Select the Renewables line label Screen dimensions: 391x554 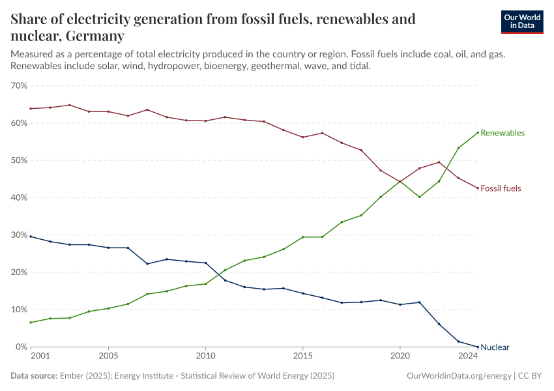pyautogui.click(x=502, y=133)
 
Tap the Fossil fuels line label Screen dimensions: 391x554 pyautogui.click(x=501, y=188)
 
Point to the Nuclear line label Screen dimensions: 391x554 pyautogui.click(x=495, y=347)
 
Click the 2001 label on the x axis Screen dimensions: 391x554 pyautogui.click(x=40, y=356)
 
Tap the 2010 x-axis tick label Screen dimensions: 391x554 pyautogui.click(x=205, y=356)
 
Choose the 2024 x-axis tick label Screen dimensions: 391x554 pyautogui.click(x=467, y=356)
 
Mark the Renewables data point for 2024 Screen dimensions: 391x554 pyautogui.click(x=478, y=132)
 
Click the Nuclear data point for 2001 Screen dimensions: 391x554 pyautogui.click(x=31, y=237)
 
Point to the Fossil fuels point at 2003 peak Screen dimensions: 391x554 pyautogui.click(x=69, y=105)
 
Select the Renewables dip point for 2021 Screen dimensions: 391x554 pyautogui.click(x=419, y=197)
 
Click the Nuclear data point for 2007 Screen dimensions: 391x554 pyautogui.click(x=147, y=264)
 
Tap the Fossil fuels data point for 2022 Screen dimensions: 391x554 pyautogui.click(x=439, y=162)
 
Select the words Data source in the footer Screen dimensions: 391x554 pyautogui.click(x=33, y=376)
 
